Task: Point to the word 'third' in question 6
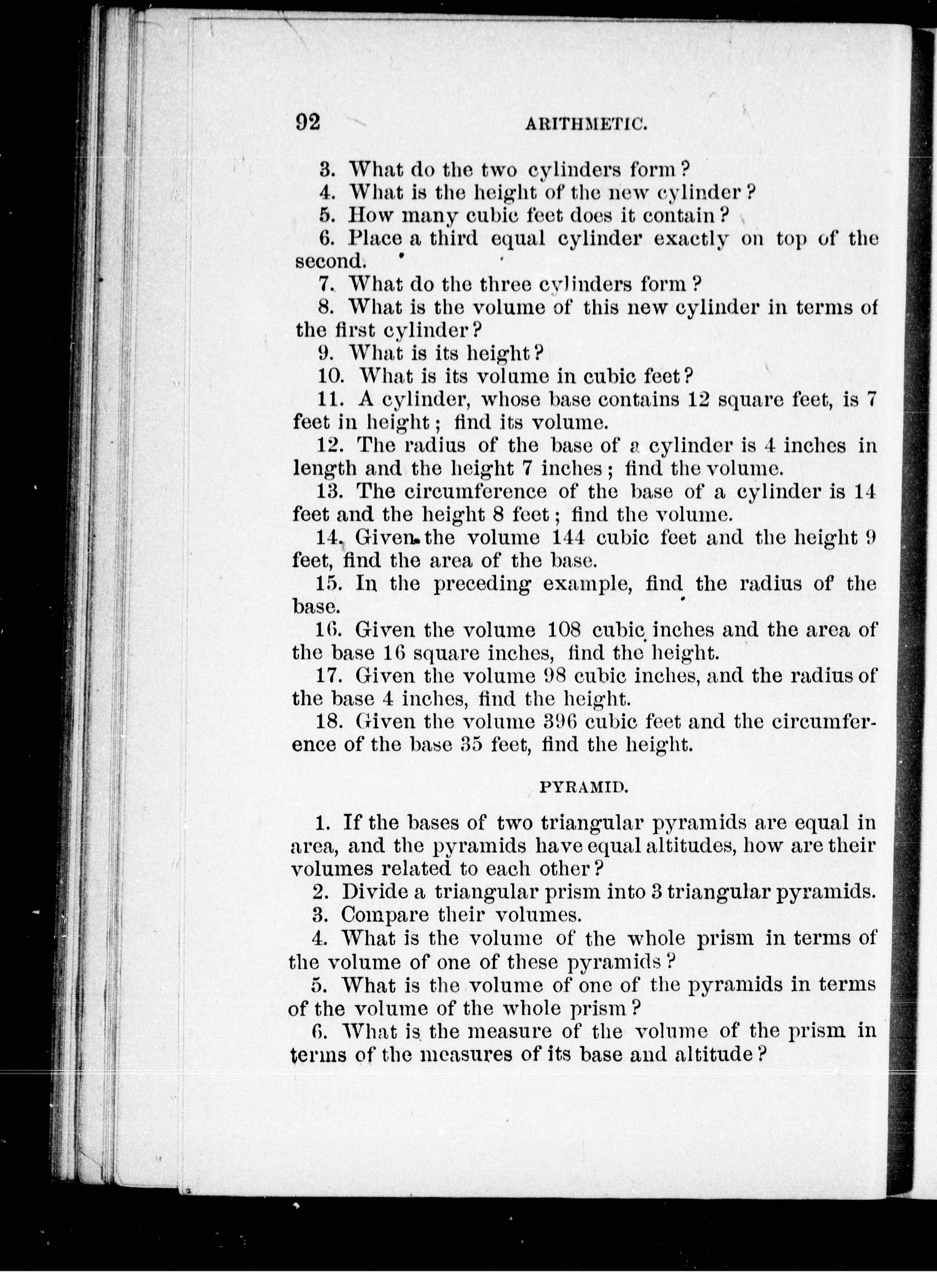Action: pos(454,238)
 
